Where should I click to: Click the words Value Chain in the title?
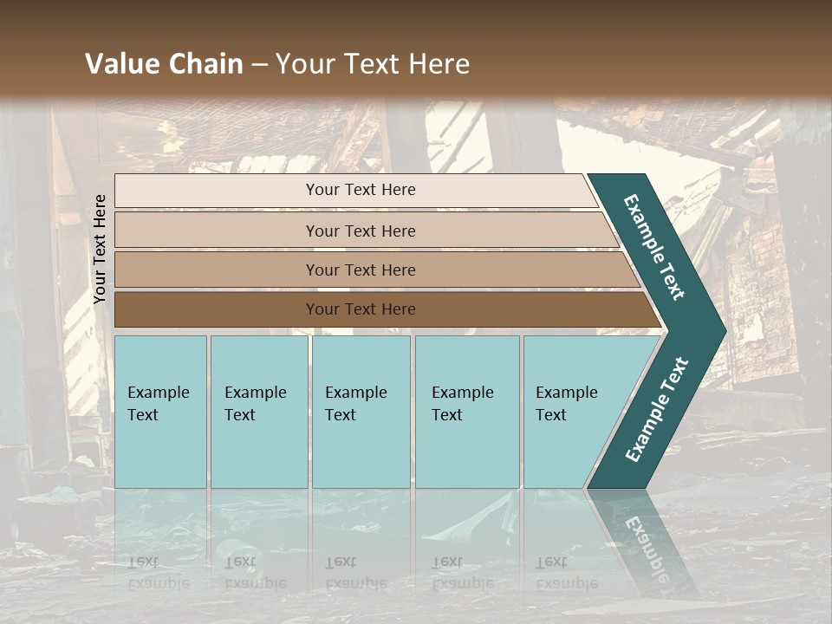click(164, 64)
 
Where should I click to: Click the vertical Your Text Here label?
click(100, 250)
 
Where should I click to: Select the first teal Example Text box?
click(160, 412)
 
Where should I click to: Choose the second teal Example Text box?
click(259, 412)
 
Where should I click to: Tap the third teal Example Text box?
click(361, 412)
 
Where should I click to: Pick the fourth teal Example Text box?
click(467, 412)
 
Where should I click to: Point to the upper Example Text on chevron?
click(654, 247)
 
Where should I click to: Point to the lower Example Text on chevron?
click(657, 409)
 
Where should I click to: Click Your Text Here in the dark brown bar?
click(361, 309)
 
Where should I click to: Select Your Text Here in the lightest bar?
click(361, 190)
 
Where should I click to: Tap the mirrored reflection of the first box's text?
click(158, 573)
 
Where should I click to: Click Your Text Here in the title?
click(373, 64)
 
